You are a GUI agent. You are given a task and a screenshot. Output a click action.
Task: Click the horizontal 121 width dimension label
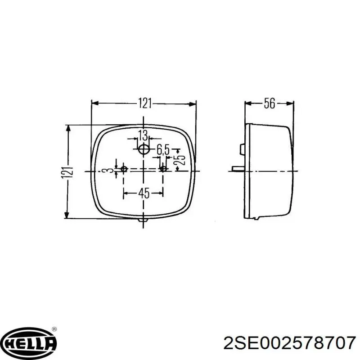point(145,103)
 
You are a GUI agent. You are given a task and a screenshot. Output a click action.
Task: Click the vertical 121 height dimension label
point(67,172)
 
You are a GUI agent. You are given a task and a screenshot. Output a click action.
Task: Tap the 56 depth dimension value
point(269,103)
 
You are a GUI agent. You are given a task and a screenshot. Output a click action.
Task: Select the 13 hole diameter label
point(143,135)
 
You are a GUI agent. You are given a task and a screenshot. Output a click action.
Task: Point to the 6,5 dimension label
point(163,150)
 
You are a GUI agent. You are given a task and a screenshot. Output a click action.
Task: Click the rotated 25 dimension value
point(179,160)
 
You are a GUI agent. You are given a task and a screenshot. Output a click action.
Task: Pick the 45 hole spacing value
point(144,193)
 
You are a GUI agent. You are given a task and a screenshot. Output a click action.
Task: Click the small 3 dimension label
point(110,171)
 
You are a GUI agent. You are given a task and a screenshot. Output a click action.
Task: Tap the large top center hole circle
point(144,150)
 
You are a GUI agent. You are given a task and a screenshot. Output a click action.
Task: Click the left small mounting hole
point(124,169)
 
